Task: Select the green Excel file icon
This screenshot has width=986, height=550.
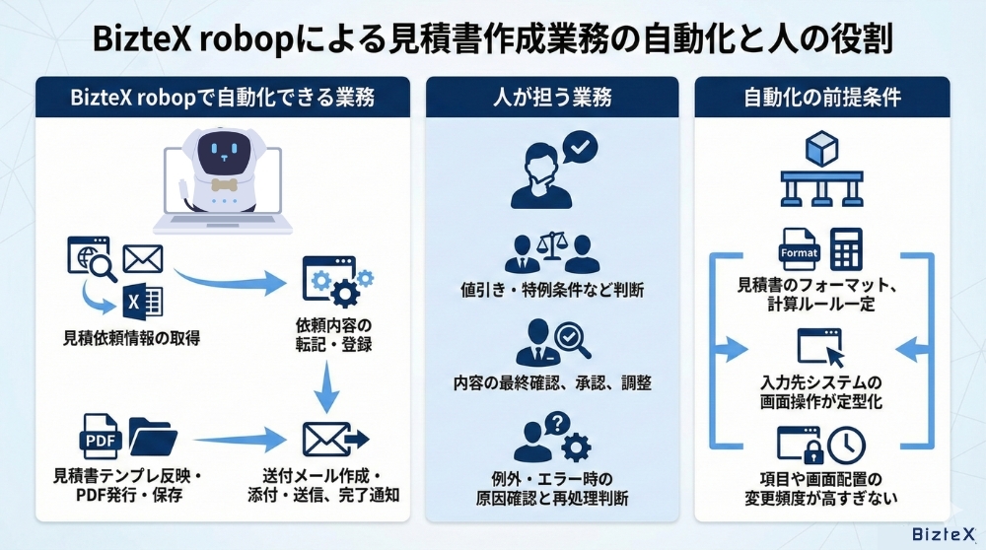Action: point(143,301)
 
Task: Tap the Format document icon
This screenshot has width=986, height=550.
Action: point(800,250)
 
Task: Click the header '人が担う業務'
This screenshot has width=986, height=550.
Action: point(552,98)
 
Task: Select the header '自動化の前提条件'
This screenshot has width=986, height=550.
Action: point(822,98)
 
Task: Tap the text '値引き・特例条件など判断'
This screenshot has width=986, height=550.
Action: point(552,290)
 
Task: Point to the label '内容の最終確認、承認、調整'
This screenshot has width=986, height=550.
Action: point(552,382)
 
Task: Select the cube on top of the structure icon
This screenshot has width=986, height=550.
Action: point(821,148)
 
